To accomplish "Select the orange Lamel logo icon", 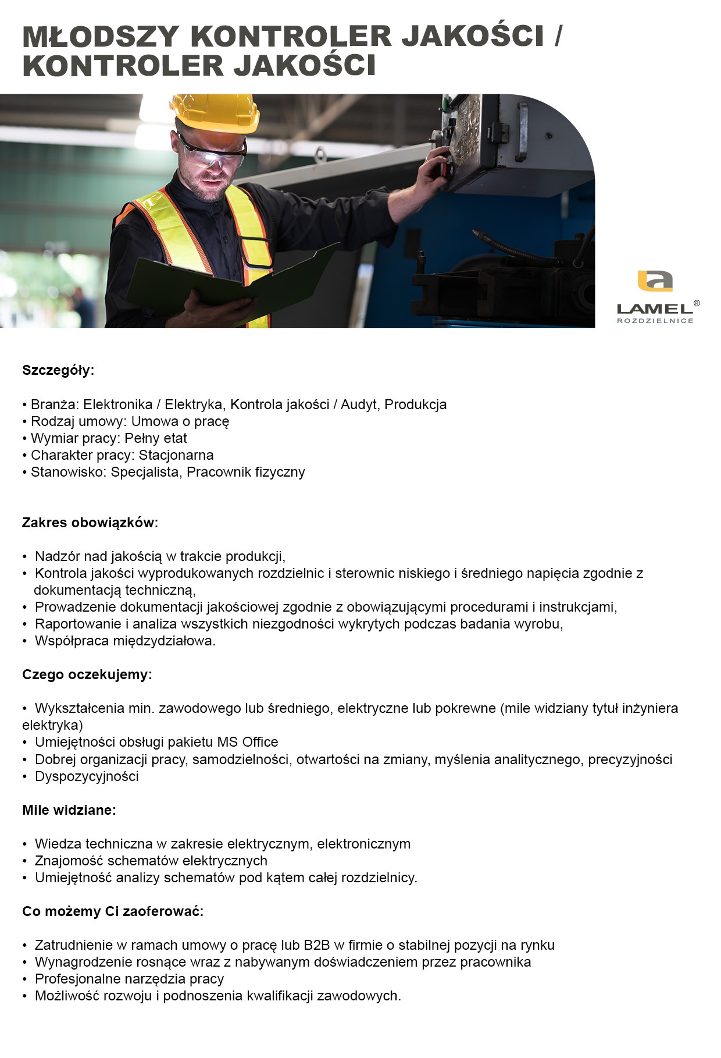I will click(655, 281).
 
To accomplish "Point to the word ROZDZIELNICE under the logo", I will click(655, 321).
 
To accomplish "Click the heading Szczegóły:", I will click(58, 370).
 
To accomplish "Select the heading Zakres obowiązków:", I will click(90, 522).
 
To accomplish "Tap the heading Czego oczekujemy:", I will click(87, 674).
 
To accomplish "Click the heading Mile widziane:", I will click(69, 810).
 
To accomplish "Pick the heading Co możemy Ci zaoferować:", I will click(113, 911).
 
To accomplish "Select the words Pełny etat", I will click(156, 438).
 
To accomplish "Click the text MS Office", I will click(248, 742).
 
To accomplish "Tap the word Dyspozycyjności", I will click(87, 776).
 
